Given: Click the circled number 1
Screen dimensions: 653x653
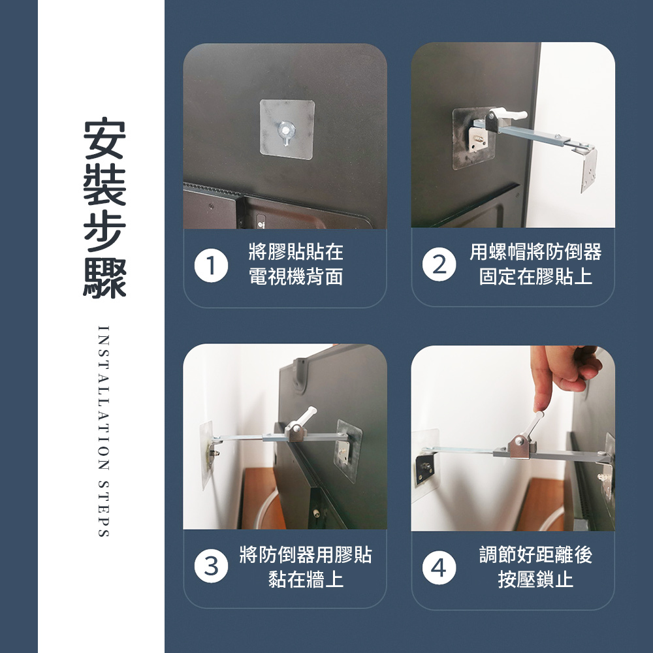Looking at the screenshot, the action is click(x=211, y=266).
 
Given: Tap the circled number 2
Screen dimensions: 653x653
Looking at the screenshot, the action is click(x=439, y=264).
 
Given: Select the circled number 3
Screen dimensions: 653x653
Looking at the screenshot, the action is click(x=211, y=566).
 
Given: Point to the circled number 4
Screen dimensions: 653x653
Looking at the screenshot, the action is click(x=439, y=567).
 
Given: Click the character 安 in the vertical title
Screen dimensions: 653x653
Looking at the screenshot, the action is click(x=104, y=138).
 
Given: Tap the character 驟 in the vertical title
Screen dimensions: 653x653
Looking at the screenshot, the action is click(x=104, y=278).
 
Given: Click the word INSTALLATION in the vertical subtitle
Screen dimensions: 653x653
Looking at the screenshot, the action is click(x=103, y=398).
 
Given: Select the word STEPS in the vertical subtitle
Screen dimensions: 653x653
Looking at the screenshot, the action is click(x=103, y=509).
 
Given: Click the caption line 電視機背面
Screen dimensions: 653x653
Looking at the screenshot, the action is click(x=296, y=276).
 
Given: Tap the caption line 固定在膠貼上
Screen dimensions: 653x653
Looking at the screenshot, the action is click(x=535, y=276).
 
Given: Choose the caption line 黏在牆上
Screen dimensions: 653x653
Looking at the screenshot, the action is click(x=306, y=579).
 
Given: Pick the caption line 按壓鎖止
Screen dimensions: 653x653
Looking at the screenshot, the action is click(x=535, y=579).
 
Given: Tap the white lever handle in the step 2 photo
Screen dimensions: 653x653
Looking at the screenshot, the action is click(x=508, y=114).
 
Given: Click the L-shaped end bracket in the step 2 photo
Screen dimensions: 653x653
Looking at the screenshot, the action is click(x=586, y=167).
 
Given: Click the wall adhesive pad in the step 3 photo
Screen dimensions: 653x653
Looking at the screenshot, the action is click(x=206, y=454).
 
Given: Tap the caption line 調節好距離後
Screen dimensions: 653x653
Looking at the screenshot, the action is click(x=535, y=554).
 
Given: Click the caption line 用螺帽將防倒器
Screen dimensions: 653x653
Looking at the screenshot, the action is click(x=535, y=251).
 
